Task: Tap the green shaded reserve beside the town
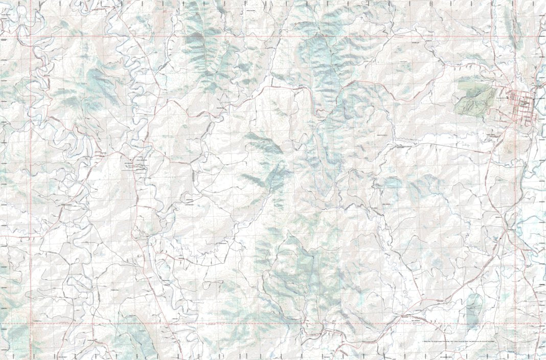point(474,97)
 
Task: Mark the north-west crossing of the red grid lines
point(31,37)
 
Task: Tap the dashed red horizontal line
point(256,324)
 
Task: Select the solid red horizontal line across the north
point(256,37)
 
